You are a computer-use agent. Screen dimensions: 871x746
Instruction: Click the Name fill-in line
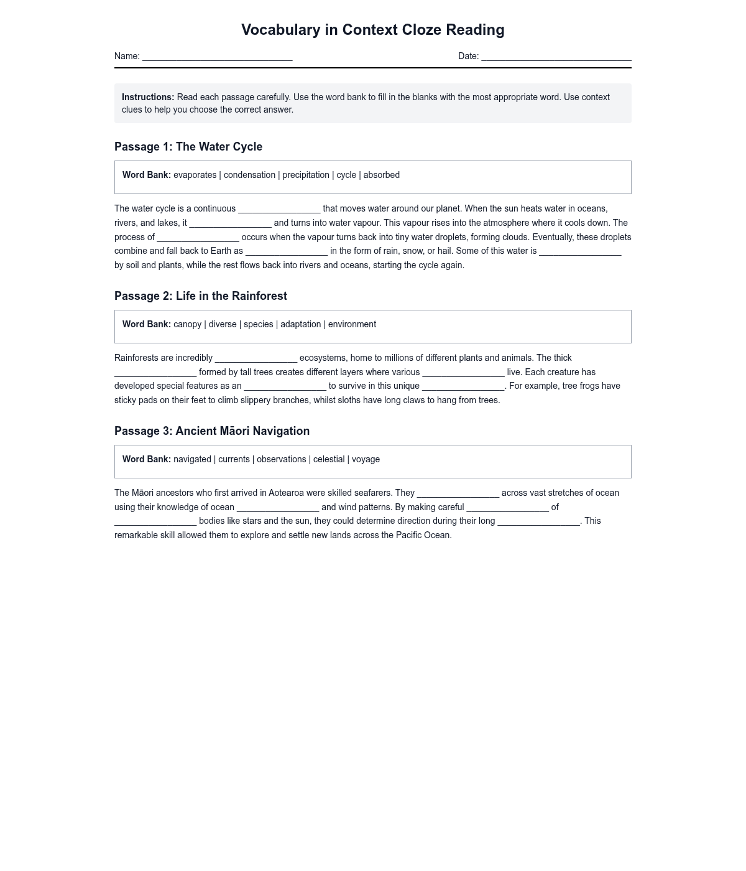(x=217, y=57)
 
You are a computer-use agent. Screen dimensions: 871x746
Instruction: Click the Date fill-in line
(x=556, y=57)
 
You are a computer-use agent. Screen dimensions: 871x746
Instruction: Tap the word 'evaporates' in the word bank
(x=195, y=175)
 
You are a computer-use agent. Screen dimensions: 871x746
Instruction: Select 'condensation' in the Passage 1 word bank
(x=249, y=175)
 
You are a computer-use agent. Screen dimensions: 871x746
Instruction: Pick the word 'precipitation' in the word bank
(x=306, y=175)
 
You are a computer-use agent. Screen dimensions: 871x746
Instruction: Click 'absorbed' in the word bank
(x=381, y=175)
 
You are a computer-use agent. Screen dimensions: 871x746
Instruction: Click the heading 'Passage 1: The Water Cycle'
(x=188, y=147)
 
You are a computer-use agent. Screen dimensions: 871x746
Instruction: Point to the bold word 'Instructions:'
(x=148, y=97)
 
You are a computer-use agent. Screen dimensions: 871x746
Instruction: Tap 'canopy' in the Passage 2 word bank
(x=187, y=324)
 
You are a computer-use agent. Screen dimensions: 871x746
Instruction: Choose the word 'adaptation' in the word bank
(x=300, y=324)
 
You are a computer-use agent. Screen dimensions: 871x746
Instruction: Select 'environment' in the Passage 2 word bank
(x=352, y=324)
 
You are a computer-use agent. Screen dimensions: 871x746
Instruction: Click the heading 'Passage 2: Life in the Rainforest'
(x=201, y=296)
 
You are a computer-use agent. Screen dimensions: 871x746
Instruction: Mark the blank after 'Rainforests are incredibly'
(x=256, y=359)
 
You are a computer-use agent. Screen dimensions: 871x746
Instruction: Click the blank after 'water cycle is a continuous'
(x=279, y=210)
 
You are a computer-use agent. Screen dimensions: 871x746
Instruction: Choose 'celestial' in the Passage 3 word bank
(x=328, y=459)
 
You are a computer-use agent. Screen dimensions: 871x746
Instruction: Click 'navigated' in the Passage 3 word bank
(x=192, y=459)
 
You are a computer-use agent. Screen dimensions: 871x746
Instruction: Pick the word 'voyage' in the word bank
(x=366, y=459)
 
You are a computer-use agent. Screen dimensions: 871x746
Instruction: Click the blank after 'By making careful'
(x=507, y=508)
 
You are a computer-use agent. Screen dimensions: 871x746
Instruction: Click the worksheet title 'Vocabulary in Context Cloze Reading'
(x=372, y=30)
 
